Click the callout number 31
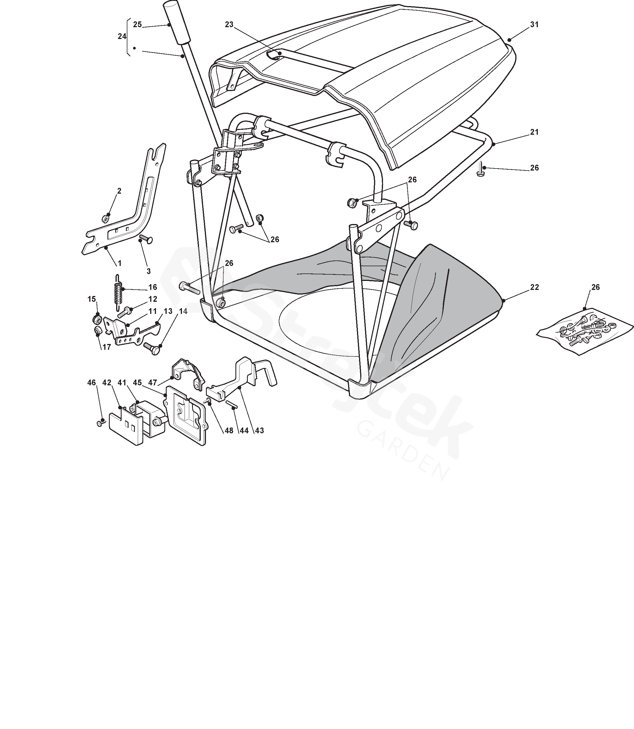click(x=534, y=25)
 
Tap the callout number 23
click(x=229, y=25)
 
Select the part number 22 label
click(x=534, y=287)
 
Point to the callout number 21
click(x=534, y=132)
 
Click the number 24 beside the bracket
click(x=122, y=36)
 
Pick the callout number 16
click(x=153, y=287)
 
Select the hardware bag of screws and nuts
click(x=585, y=331)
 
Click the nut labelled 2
click(x=105, y=218)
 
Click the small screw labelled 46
click(x=101, y=423)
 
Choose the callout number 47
click(x=153, y=382)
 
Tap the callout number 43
click(x=259, y=430)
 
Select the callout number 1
click(x=120, y=263)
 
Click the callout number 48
click(x=229, y=430)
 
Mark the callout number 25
click(x=137, y=25)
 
